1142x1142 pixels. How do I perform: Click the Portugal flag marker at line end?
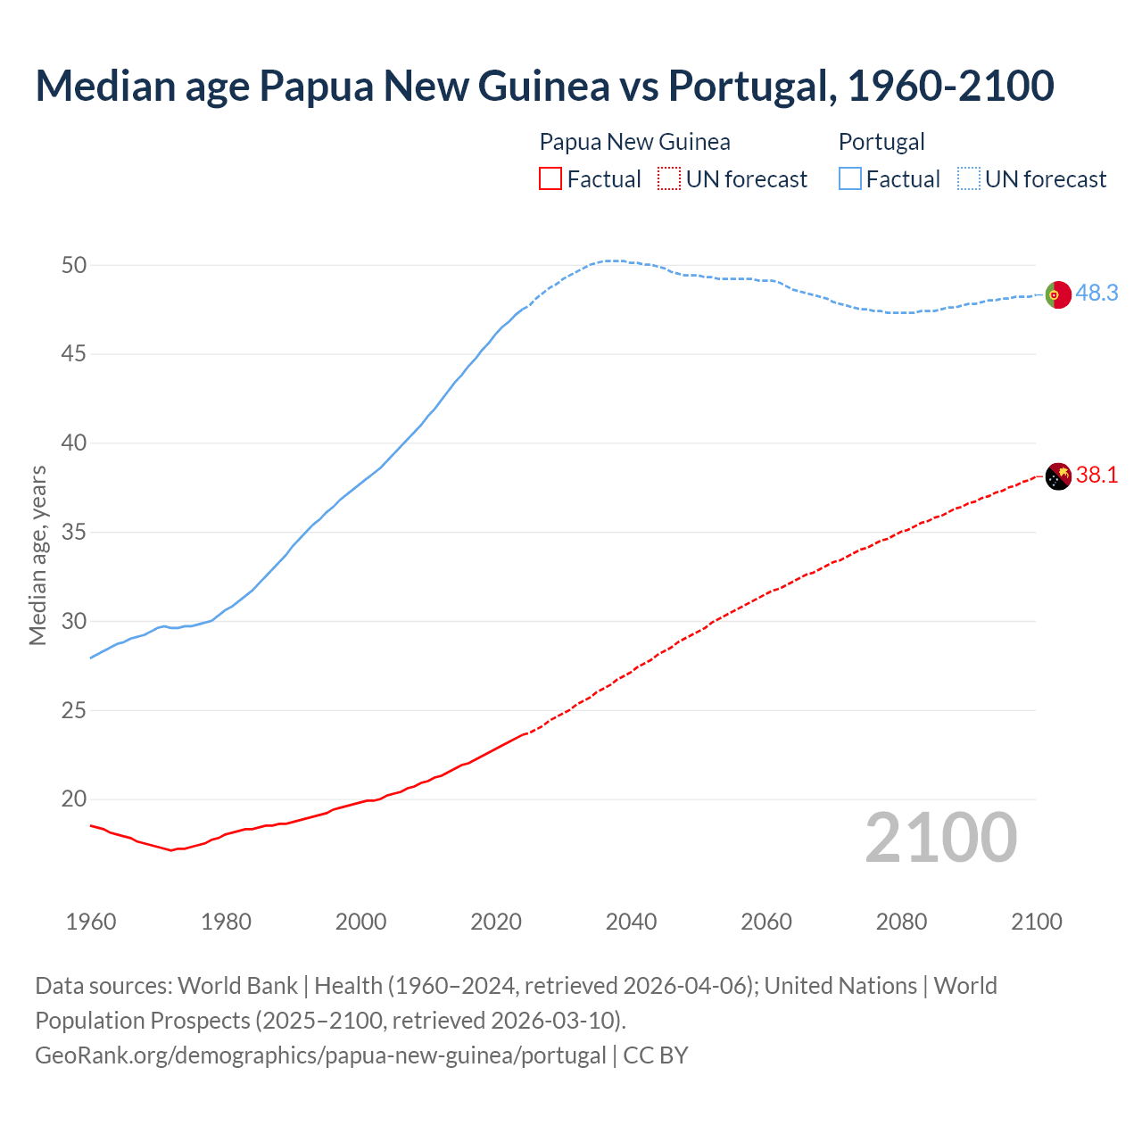tap(1057, 294)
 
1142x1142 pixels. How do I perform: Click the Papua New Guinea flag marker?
tap(1057, 476)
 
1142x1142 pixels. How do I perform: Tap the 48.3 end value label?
tap(1096, 293)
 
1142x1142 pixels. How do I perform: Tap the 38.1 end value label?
tap(1096, 475)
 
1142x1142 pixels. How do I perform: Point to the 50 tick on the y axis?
tap(74, 265)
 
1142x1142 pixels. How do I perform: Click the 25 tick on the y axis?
tap(74, 710)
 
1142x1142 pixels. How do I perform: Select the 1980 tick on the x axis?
tap(226, 922)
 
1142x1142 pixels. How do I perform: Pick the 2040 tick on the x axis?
tap(631, 922)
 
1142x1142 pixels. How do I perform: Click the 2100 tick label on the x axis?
tap(1036, 922)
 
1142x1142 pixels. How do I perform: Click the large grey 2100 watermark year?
tap(940, 837)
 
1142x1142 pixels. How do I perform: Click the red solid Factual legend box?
tap(550, 179)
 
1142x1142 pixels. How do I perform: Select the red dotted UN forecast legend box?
tap(669, 179)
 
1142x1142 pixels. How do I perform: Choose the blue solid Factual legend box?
tap(850, 179)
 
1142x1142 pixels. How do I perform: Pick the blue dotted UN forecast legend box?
tap(969, 179)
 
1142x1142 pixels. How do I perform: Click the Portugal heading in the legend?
tap(881, 142)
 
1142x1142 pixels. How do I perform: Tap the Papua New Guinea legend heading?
tap(634, 142)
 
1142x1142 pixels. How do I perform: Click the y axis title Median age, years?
tap(37, 555)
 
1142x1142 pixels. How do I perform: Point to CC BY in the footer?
tap(656, 1055)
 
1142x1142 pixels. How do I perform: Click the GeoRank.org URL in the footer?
tap(320, 1055)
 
